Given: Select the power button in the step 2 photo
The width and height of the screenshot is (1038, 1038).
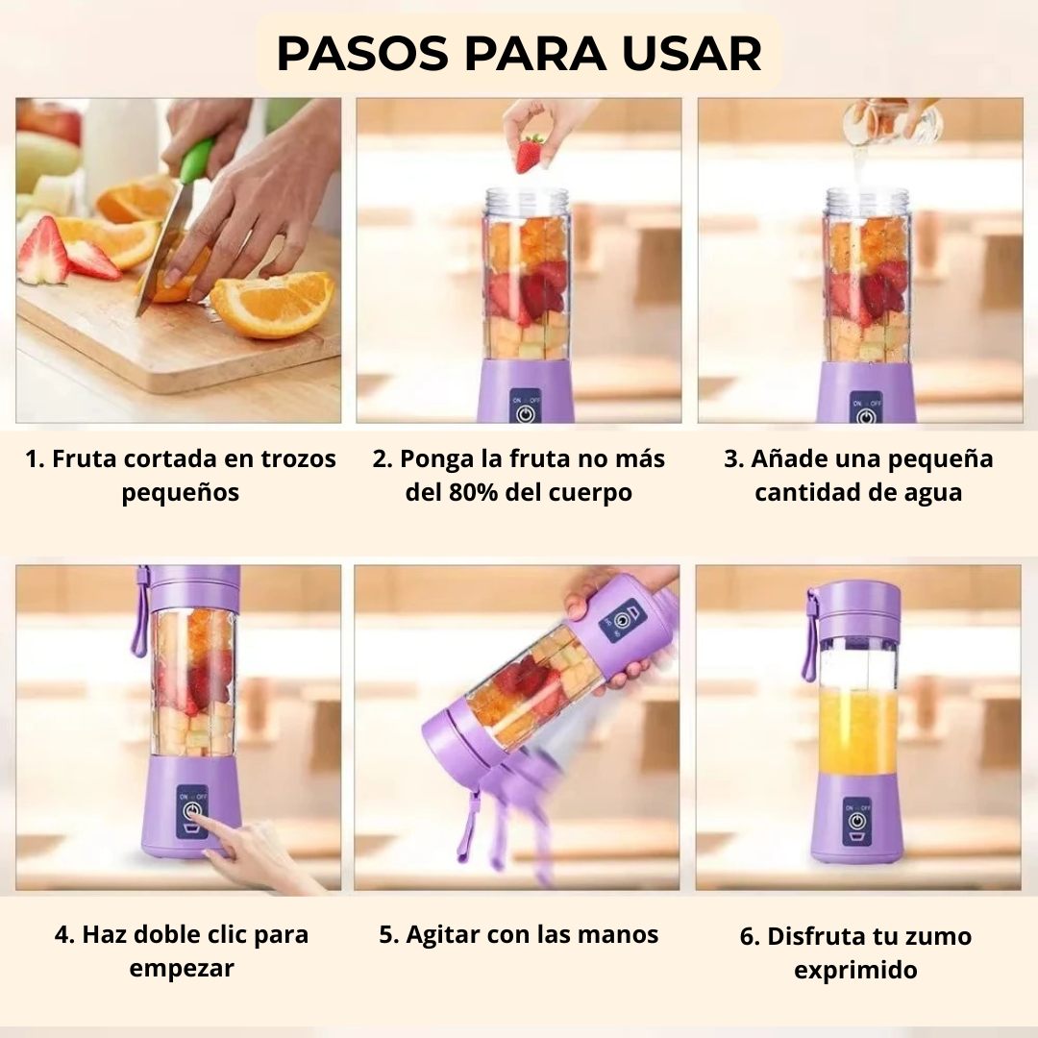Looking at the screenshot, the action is point(525,413).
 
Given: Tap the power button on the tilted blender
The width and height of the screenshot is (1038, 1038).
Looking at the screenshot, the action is point(620,621).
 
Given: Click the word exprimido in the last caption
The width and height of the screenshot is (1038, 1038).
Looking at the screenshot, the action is point(856,971).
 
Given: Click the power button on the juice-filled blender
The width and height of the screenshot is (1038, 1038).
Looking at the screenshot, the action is point(857,821).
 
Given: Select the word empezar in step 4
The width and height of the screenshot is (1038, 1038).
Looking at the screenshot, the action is point(182,969).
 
